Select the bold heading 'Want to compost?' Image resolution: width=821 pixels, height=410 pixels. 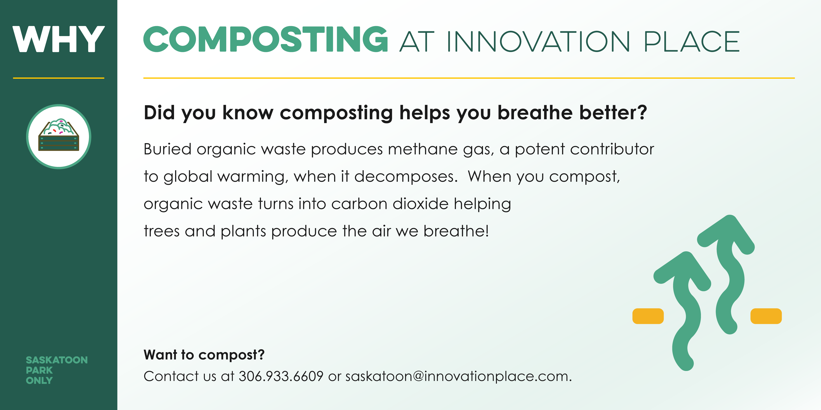click(x=204, y=355)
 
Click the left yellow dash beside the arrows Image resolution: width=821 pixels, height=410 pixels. click(x=648, y=316)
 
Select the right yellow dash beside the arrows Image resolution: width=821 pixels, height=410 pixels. click(x=766, y=316)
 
